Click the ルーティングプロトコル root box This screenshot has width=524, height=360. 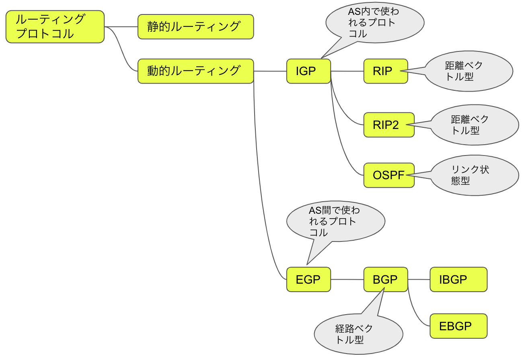click(55, 27)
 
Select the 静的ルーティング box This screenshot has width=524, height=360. click(195, 27)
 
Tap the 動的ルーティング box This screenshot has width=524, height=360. click(195, 71)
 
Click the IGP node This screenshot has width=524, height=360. click(308, 71)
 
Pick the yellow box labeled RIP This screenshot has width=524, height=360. click(385, 71)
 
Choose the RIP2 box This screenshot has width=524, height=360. click(388, 125)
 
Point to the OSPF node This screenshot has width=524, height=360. click(388, 175)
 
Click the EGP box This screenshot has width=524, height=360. click(308, 279)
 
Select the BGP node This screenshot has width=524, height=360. click(385, 279)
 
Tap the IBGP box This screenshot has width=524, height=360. click(458, 279)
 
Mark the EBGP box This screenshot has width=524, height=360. click(458, 326)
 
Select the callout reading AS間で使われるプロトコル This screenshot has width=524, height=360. click(336, 221)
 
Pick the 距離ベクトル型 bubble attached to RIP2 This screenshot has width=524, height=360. click(475, 125)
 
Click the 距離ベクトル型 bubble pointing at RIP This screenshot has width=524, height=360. click(469, 71)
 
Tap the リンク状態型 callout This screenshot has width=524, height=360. click(475, 175)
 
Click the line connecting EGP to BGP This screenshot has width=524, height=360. click(347, 279)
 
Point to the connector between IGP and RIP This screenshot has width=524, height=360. click(347, 71)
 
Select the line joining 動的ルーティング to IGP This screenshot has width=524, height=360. click(270, 71)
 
